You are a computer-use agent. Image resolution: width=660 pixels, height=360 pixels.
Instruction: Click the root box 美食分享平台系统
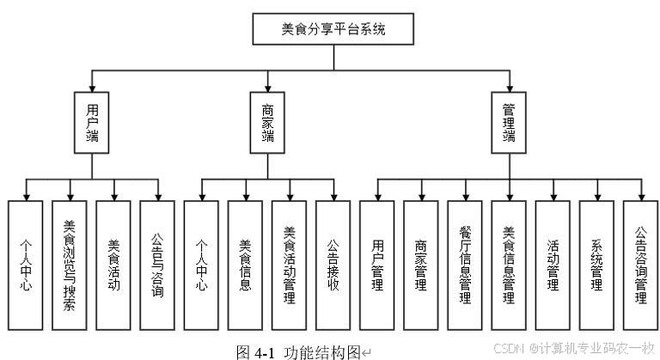[333, 28]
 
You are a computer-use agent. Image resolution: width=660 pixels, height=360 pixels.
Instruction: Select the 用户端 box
[92, 121]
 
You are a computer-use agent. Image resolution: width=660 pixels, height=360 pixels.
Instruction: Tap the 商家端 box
[268, 121]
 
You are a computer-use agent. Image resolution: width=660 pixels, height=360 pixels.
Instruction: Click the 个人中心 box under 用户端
[26, 265]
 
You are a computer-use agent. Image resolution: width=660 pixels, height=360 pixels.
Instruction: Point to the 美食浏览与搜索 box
[70, 265]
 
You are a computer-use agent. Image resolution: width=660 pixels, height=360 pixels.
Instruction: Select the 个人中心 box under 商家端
[201, 265]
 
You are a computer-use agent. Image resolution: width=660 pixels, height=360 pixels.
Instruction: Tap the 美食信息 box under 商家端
[245, 265]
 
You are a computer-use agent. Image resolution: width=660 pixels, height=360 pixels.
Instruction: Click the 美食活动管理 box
[290, 265]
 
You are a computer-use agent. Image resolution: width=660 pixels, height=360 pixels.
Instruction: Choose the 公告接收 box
[333, 265]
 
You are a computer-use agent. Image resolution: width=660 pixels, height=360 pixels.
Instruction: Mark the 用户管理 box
[377, 265]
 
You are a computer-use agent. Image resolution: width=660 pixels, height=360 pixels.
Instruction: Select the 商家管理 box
[421, 265]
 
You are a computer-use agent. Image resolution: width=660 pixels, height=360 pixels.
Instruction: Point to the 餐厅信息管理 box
[465, 265]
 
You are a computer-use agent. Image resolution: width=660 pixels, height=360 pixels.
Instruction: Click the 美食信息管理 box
[509, 265]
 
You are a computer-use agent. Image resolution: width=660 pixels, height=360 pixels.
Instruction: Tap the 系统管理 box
[596, 265]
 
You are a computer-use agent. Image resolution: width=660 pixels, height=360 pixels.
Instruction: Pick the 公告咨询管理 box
[640, 265]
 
